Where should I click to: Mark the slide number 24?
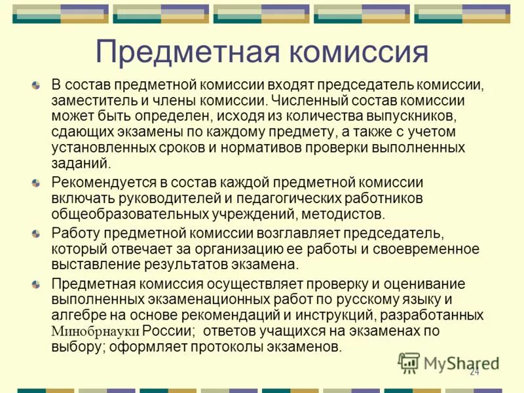click(474, 372)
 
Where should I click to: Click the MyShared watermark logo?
click(449, 362)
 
